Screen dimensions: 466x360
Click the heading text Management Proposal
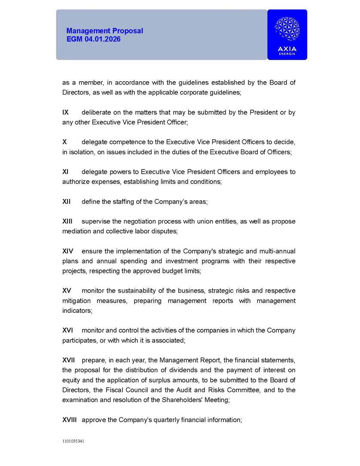(104, 31)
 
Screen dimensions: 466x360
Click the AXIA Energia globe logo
(287, 29)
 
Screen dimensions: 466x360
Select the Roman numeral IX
(65, 112)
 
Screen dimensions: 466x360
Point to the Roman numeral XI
(65, 172)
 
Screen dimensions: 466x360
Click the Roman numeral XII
(67, 201)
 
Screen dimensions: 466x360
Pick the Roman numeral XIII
(67, 221)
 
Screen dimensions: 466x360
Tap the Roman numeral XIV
(67, 251)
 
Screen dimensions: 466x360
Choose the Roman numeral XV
(67, 291)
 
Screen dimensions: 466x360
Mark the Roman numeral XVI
(67, 330)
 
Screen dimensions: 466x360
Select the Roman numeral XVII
(69, 360)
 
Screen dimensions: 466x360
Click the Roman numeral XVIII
(70, 420)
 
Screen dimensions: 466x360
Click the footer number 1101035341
(73, 441)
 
